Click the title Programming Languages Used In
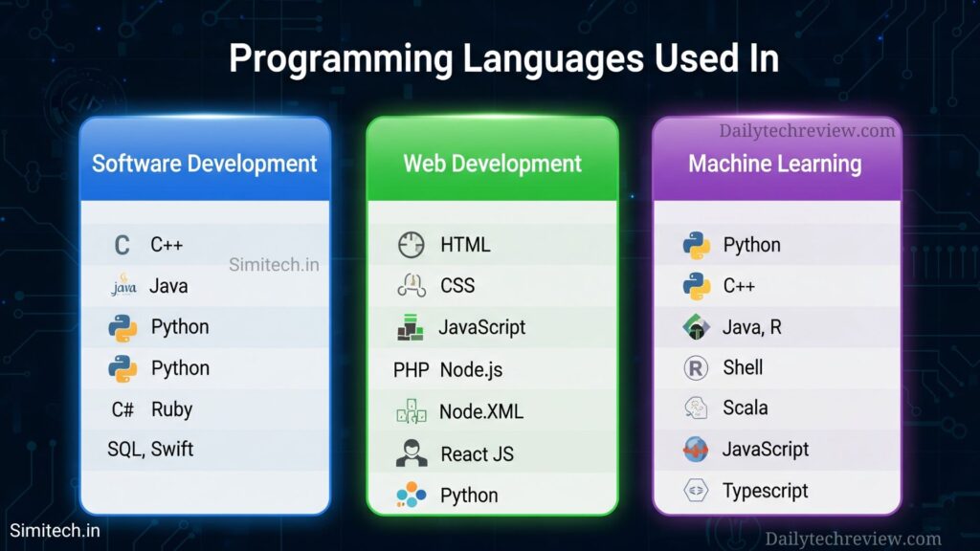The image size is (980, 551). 503,58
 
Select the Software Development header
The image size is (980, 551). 204,164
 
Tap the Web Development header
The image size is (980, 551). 492,164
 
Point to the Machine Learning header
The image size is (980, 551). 775,164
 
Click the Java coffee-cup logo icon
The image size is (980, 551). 123,285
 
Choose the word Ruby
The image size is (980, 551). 171,409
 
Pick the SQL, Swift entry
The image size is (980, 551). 150,449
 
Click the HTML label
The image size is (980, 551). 465,245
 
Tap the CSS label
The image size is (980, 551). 457,286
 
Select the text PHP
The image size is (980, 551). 411,369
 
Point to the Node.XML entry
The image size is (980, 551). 480,412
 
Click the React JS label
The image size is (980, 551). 477,454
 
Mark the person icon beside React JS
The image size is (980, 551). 411,453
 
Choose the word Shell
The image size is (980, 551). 743,367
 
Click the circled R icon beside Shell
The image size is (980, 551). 696,367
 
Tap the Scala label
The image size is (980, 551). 745,408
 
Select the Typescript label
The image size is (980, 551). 765,492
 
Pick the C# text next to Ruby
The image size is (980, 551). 122,409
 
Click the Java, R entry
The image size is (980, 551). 751,327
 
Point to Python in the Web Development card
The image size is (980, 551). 469,496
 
